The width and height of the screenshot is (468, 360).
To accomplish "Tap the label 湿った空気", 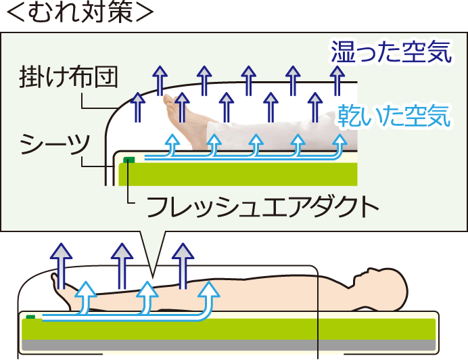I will [x=391, y=52].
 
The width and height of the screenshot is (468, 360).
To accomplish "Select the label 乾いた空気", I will [x=394, y=116].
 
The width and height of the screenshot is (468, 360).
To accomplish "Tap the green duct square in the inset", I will [x=128, y=160].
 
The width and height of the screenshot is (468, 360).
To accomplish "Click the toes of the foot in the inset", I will [x=169, y=101].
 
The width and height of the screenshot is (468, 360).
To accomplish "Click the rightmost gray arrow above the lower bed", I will [x=183, y=264].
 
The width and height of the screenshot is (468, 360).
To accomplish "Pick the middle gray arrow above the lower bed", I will [x=122, y=264].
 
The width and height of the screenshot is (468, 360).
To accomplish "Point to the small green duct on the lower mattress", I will [x=30, y=316].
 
